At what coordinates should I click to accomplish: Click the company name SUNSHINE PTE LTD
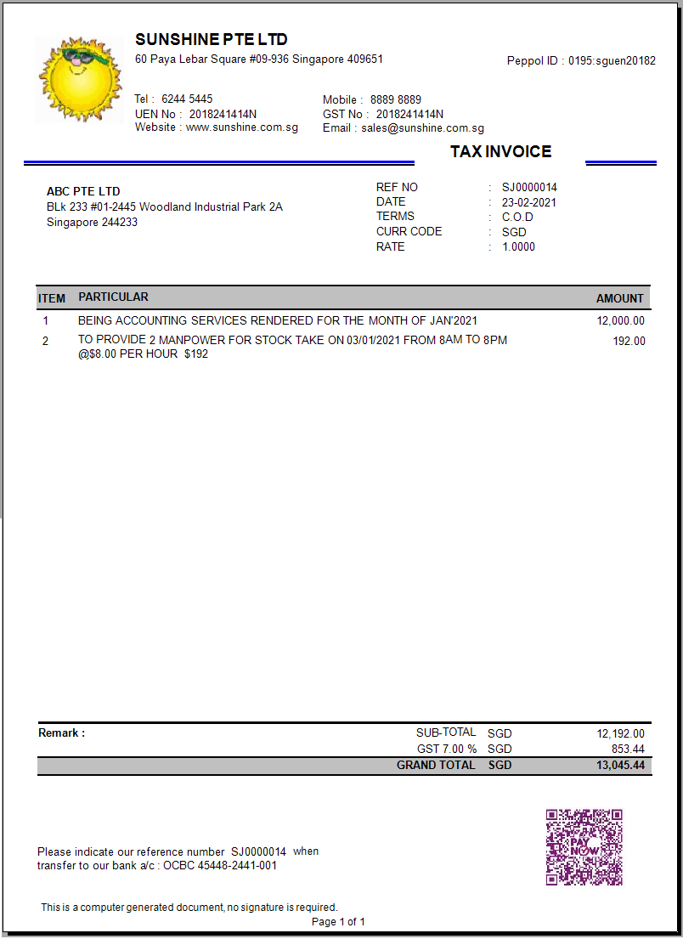pos(212,40)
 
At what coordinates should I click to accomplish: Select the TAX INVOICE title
pos(500,152)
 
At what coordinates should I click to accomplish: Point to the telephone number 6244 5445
pos(187,99)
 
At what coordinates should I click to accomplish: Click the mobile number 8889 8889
pos(395,100)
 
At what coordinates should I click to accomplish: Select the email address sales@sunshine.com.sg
pos(422,128)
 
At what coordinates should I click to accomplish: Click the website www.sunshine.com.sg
pos(242,127)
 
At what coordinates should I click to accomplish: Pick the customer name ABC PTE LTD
pos(83,192)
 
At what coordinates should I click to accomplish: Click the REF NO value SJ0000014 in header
pos(529,188)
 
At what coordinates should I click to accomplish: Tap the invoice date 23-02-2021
pos(529,202)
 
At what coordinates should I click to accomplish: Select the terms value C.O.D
pos(517,217)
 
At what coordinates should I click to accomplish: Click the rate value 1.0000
pos(518,247)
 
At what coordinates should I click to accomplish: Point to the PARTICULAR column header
pos(113,297)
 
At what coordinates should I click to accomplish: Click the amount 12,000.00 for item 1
pos(620,321)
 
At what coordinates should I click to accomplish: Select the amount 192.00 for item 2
pos(629,342)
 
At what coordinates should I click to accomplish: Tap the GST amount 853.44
pos(627,750)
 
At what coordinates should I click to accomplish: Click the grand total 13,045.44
pos(620,766)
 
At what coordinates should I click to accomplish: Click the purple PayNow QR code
pos(584,847)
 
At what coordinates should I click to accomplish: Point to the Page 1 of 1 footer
pos(338,922)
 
